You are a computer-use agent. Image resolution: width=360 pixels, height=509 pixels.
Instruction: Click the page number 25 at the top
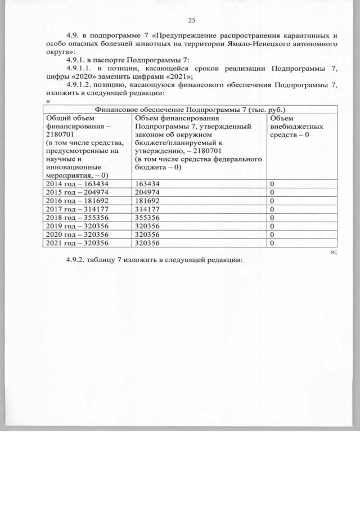[x=191, y=21]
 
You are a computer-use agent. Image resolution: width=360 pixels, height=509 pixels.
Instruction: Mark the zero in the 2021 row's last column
[x=272, y=244]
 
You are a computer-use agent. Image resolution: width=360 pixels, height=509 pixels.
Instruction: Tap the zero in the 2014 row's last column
[x=272, y=184]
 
